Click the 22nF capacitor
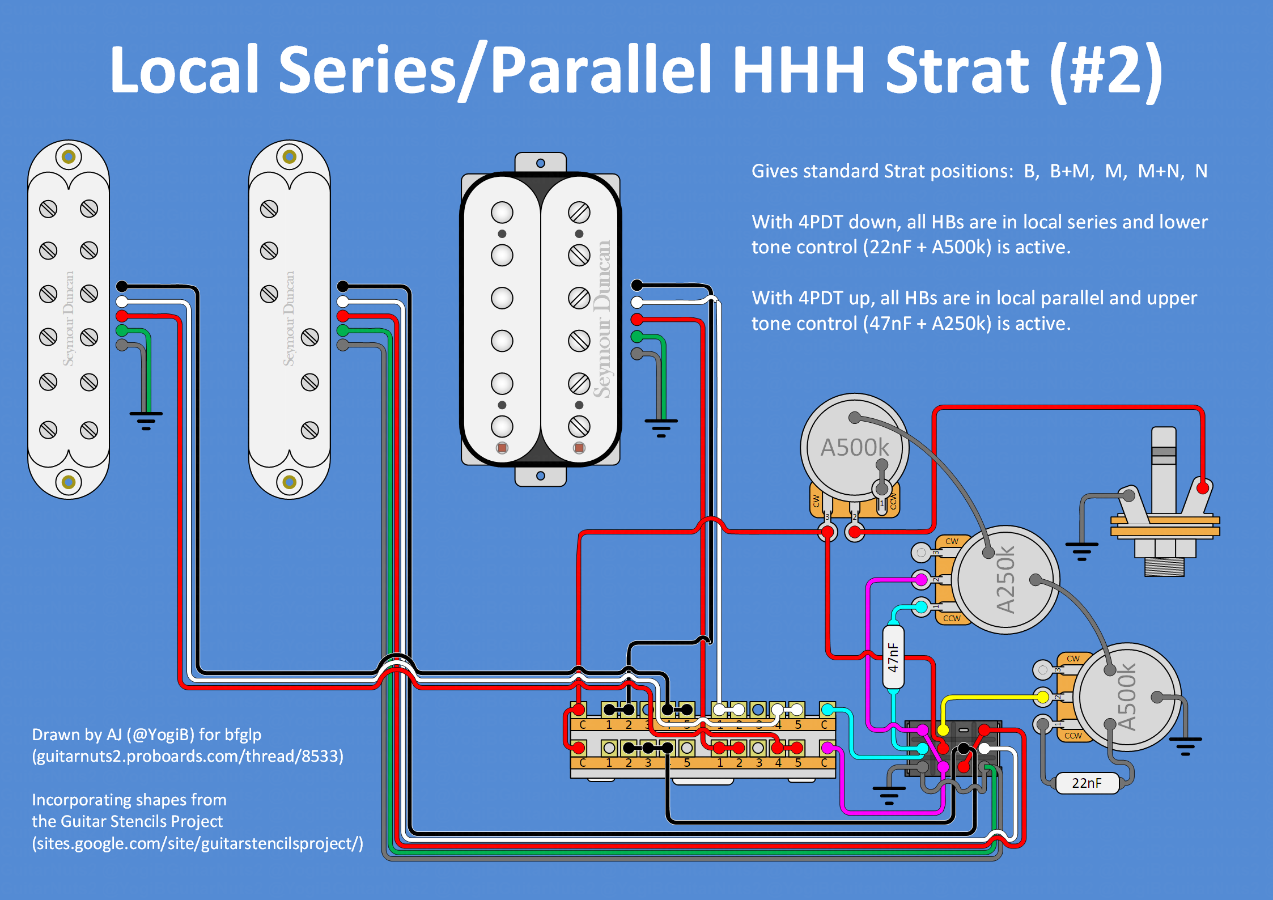click(1087, 783)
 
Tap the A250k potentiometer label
click(1005, 580)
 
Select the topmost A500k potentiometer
click(855, 447)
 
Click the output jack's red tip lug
click(1203, 487)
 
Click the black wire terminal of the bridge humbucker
click(637, 285)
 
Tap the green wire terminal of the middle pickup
click(343, 330)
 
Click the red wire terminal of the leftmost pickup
click(122, 316)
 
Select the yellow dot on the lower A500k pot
click(1042, 697)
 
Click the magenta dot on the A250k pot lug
click(922, 579)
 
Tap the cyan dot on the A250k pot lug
click(922, 608)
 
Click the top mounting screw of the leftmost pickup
click(69, 156)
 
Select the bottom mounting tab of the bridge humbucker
click(541, 476)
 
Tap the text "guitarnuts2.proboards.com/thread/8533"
click(188, 757)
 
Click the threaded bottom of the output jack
click(1164, 567)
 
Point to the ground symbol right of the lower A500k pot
click(1185, 746)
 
